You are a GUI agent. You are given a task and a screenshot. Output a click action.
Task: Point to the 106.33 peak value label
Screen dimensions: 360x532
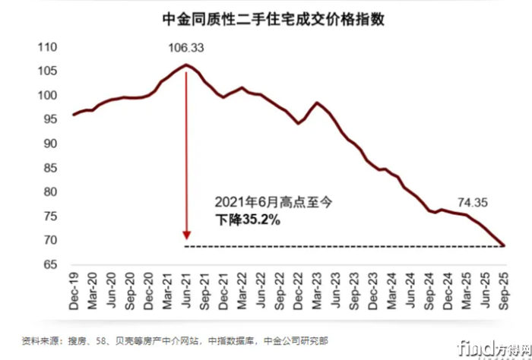[x=186, y=49]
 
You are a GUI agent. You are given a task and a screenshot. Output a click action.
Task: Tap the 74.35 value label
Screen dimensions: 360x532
[x=474, y=202]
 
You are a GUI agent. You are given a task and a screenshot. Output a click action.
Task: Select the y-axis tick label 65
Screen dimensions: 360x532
[x=49, y=264]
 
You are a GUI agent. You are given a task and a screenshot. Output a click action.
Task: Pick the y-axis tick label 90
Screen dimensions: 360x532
[x=49, y=144]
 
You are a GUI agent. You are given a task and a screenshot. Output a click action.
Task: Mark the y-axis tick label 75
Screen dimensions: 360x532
[x=49, y=216]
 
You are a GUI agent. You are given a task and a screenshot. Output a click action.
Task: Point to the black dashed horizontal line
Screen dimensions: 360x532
[x=342, y=246]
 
